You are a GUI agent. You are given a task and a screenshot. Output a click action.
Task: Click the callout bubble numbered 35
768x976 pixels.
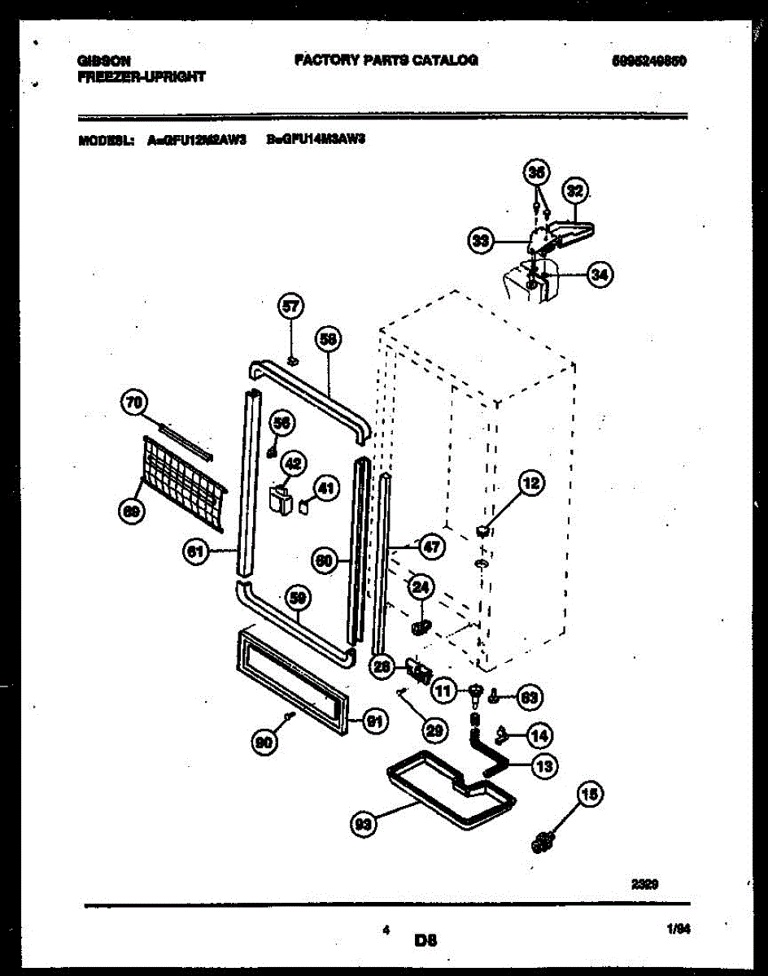(x=536, y=172)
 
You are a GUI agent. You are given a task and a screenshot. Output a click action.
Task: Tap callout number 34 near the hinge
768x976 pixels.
(x=599, y=276)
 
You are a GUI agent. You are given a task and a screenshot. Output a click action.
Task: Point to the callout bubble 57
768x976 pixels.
(x=290, y=307)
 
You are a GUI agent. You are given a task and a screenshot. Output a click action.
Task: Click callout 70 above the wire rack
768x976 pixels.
(x=132, y=400)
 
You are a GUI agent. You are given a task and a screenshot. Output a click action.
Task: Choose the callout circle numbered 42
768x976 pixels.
(x=293, y=464)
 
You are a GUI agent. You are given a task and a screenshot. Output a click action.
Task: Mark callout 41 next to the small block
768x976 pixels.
(x=325, y=489)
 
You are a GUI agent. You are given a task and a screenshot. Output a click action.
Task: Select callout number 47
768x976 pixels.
(x=431, y=547)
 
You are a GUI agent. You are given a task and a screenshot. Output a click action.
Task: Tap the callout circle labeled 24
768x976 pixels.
(x=421, y=586)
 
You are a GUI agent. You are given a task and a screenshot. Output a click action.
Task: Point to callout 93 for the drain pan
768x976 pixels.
(x=362, y=825)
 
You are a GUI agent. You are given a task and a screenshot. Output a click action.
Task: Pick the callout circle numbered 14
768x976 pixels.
(x=539, y=736)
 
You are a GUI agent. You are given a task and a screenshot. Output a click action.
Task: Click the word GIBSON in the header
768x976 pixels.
(x=105, y=60)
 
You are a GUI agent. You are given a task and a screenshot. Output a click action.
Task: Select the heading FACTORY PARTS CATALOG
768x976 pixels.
(x=386, y=59)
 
